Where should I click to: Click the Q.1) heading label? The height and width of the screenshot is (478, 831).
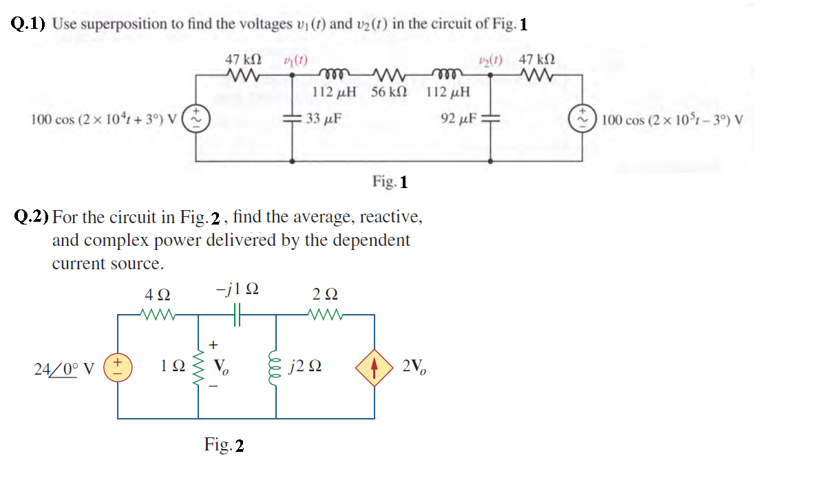29,24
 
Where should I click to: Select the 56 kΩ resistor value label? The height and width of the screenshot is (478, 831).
389,92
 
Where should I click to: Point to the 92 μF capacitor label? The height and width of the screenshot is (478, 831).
459,118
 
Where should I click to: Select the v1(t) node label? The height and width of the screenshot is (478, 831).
295,60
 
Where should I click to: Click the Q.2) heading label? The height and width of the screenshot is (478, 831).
32,218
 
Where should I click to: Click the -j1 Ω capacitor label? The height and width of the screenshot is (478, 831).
237,289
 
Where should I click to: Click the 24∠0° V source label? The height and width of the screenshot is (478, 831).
64,368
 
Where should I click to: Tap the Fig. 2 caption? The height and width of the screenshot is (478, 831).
224,445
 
